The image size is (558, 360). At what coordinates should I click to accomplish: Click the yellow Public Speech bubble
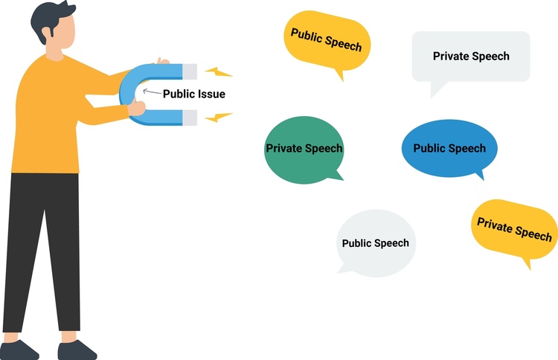[x=326, y=41]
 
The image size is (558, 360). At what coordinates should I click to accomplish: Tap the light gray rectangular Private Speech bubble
[x=471, y=57]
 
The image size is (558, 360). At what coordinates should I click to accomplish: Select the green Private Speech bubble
[x=304, y=149]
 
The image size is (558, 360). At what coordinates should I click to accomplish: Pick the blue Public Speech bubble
[x=449, y=149]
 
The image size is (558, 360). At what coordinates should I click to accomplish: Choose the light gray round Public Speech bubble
[x=375, y=242]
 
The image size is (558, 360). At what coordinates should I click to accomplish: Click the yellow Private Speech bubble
[x=514, y=228]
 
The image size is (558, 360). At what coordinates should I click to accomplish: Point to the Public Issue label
[x=193, y=94]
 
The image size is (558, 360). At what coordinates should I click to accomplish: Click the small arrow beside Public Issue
[x=151, y=92]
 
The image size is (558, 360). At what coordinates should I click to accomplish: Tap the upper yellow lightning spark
[x=219, y=73]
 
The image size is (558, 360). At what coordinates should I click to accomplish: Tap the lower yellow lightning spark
[x=219, y=117]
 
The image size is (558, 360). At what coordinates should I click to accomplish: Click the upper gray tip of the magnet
[x=190, y=71]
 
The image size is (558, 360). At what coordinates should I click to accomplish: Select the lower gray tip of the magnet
[x=190, y=117]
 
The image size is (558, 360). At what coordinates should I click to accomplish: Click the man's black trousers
[x=45, y=245]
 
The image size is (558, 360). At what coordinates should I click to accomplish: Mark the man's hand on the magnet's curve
[x=137, y=109]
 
